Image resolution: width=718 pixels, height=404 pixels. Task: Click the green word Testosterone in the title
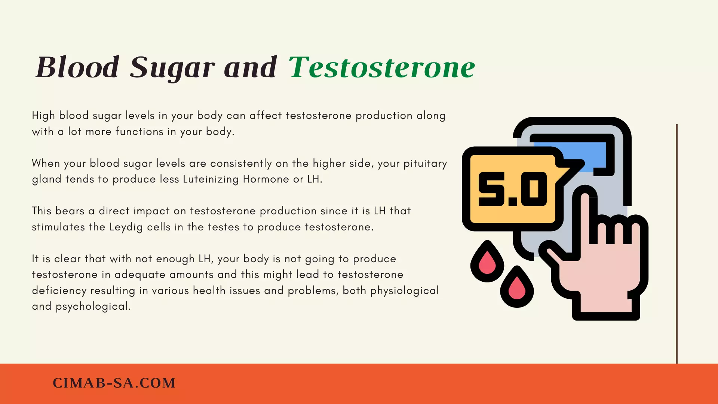tap(382, 67)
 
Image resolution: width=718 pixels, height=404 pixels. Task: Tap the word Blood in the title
tap(77, 67)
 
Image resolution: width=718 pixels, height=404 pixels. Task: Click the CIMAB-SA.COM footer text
tap(114, 383)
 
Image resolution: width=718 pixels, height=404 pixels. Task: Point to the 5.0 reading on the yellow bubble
tap(513, 189)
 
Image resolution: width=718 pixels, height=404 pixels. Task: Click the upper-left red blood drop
tap(487, 261)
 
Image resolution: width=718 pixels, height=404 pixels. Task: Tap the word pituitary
tap(425, 164)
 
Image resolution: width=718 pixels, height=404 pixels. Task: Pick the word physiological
tap(405, 291)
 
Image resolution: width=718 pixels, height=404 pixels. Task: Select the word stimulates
tap(58, 227)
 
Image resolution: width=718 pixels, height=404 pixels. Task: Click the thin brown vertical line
tap(676, 244)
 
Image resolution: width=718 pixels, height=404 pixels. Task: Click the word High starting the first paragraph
tap(43, 116)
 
